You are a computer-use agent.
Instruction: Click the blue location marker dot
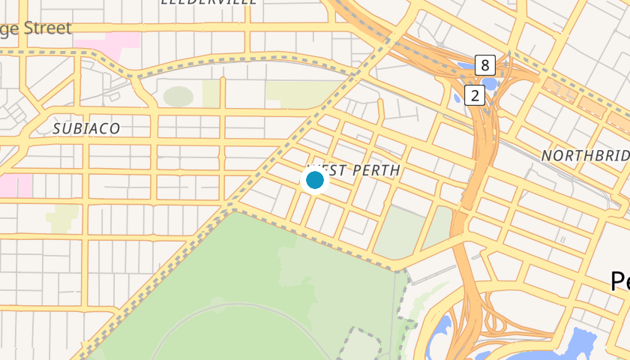point(315,180)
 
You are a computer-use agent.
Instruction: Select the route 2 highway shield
point(475,95)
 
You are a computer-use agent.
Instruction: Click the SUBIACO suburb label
point(86,129)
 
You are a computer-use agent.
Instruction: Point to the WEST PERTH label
point(354,170)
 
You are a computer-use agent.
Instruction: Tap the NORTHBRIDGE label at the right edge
point(585,155)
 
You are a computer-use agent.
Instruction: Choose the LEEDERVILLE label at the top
point(209,2)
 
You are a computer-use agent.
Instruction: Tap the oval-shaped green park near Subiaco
point(178,97)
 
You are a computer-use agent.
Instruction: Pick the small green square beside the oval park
point(211,94)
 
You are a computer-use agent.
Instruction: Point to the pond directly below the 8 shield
point(489,83)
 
